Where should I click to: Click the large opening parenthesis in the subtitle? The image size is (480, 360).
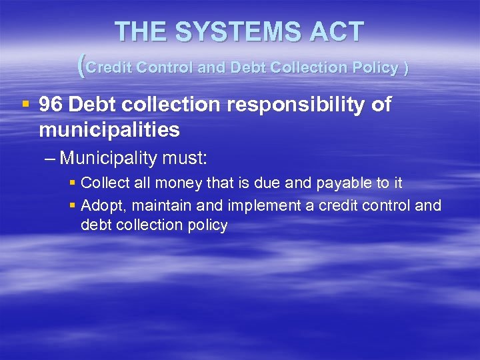pyautogui.click(x=81, y=66)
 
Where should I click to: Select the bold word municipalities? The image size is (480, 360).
pyautogui.click(x=109, y=129)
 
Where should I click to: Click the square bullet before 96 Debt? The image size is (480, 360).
pyautogui.click(x=25, y=104)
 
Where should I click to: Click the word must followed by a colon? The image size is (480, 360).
pyautogui.click(x=187, y=160)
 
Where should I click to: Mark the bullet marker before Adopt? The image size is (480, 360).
pyautogui.click(x=73, y=205)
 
